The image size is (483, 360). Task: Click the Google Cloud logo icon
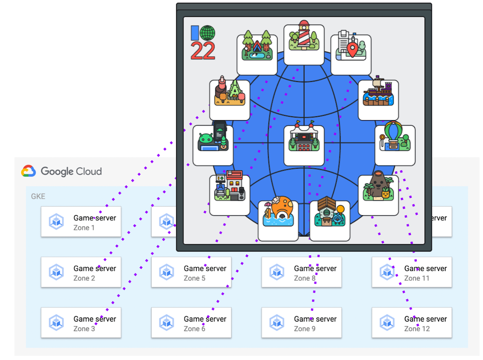[x=28, y=171]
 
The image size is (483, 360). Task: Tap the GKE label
[x=38, y=196]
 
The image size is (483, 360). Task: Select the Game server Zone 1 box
[x=81, y=222]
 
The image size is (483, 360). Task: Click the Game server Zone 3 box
[x=81, y=323]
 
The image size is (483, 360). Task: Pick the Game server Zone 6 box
[x=191, y=323]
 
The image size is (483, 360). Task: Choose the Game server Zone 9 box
[x=301, y=323]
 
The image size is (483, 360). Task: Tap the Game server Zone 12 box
[x=412, y=323]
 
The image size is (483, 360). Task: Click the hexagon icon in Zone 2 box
[x=57, y=272]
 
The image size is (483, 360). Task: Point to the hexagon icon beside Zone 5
[x=167, y=272]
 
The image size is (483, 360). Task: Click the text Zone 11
[x=416, y=278]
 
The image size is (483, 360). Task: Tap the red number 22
[x=203, y=51]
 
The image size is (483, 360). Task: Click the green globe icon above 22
[x=208, y=33]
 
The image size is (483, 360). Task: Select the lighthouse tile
[x=304, y=42]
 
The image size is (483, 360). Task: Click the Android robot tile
[x=213, y=145]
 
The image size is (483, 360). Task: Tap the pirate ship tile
[x=378, y=100]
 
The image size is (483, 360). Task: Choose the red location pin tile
[x=351, y=55]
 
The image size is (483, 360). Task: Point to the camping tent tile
[x=257, y=55]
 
